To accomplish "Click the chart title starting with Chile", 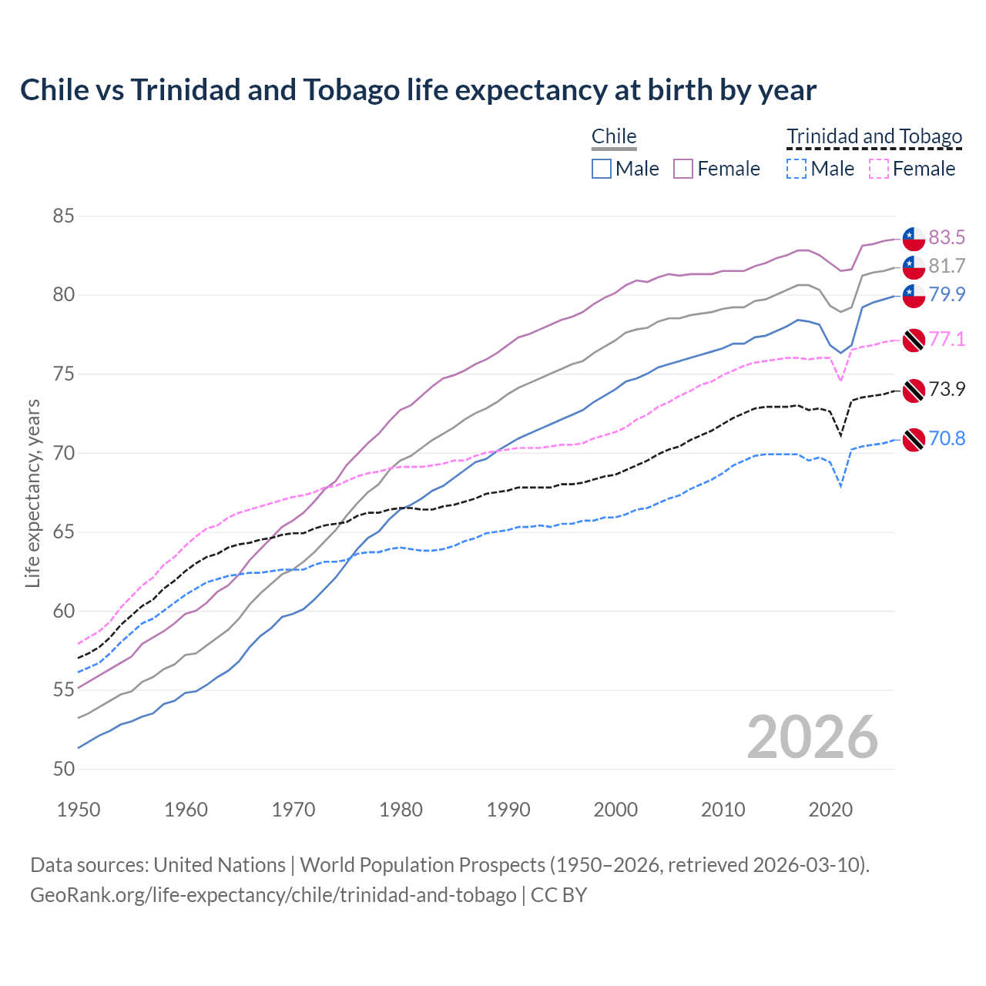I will pos(418,90).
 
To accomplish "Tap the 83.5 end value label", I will pos(947,237).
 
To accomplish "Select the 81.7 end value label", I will pos(947,266).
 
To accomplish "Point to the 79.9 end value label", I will pos(947,294).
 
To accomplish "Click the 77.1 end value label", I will pos(947,339).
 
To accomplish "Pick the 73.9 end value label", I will pos(947,389).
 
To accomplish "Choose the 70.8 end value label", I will pos(947,438).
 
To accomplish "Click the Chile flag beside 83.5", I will pos(914,239).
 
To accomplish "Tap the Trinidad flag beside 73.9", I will pos(914,391).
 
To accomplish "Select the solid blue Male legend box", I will pos(602,169).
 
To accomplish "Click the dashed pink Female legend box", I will pos(879,169).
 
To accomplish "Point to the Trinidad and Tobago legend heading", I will pos(874,136).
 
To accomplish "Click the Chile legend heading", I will pos(614,136).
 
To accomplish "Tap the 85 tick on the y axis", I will pos(63,216).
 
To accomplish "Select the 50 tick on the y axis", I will pos(63,769).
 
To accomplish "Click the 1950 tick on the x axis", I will pos(79,810).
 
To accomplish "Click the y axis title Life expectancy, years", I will pos(32,493).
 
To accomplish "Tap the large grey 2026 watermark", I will pos(813,737).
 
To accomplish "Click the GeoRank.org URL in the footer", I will pos(273,895).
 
